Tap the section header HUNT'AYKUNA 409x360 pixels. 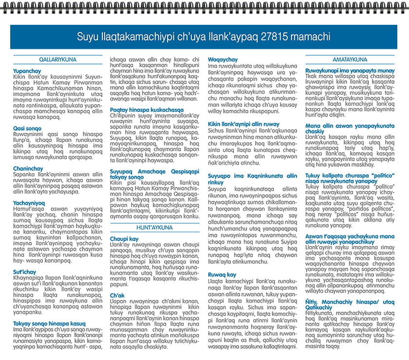click(154, 228)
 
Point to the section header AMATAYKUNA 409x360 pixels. click(350, 59)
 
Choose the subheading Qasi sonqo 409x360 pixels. click(27, 128)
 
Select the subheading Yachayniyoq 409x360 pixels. click(29, 202)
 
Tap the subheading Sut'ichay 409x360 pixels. click(25, 271)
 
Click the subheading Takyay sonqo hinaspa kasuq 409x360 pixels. click(49, 323)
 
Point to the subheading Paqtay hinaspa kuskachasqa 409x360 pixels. click(146, 109)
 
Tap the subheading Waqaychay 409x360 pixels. click(223, 59)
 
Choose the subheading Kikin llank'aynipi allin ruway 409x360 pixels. click(244, 124)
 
